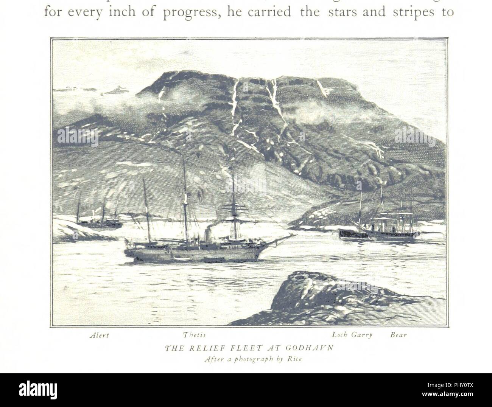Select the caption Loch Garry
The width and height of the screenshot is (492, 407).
pos(347,335)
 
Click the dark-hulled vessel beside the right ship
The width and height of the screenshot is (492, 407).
pos(353,233)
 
